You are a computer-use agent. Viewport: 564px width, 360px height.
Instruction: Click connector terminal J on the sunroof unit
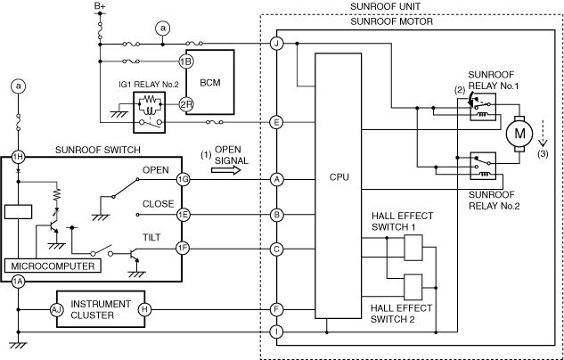coord(277,44)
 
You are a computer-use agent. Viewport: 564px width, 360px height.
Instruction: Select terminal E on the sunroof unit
coord(277,122)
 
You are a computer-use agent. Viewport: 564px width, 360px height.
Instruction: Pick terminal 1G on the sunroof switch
coord(184,179)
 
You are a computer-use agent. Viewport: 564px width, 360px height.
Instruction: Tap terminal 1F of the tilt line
coord(184,249)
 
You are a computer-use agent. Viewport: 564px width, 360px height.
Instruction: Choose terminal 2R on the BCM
coord(185,104)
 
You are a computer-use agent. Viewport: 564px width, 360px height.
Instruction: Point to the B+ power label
coord(101,6)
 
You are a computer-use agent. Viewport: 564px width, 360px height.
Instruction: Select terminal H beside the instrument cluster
coord(144,308)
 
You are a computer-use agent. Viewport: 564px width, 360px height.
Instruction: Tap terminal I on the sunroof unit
coord(277,332)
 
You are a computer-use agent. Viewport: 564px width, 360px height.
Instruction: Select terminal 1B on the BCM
coord(185,61)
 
